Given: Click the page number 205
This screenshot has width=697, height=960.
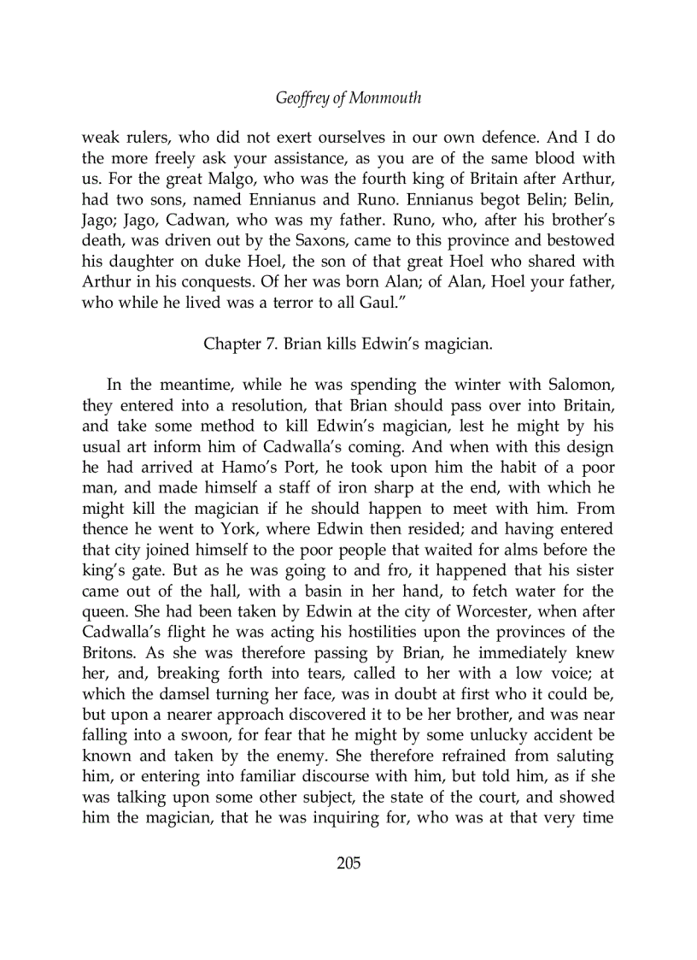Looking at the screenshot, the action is click(x=348, y=863).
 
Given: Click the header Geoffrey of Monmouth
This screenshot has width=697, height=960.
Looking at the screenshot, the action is click(x=348, y=98).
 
